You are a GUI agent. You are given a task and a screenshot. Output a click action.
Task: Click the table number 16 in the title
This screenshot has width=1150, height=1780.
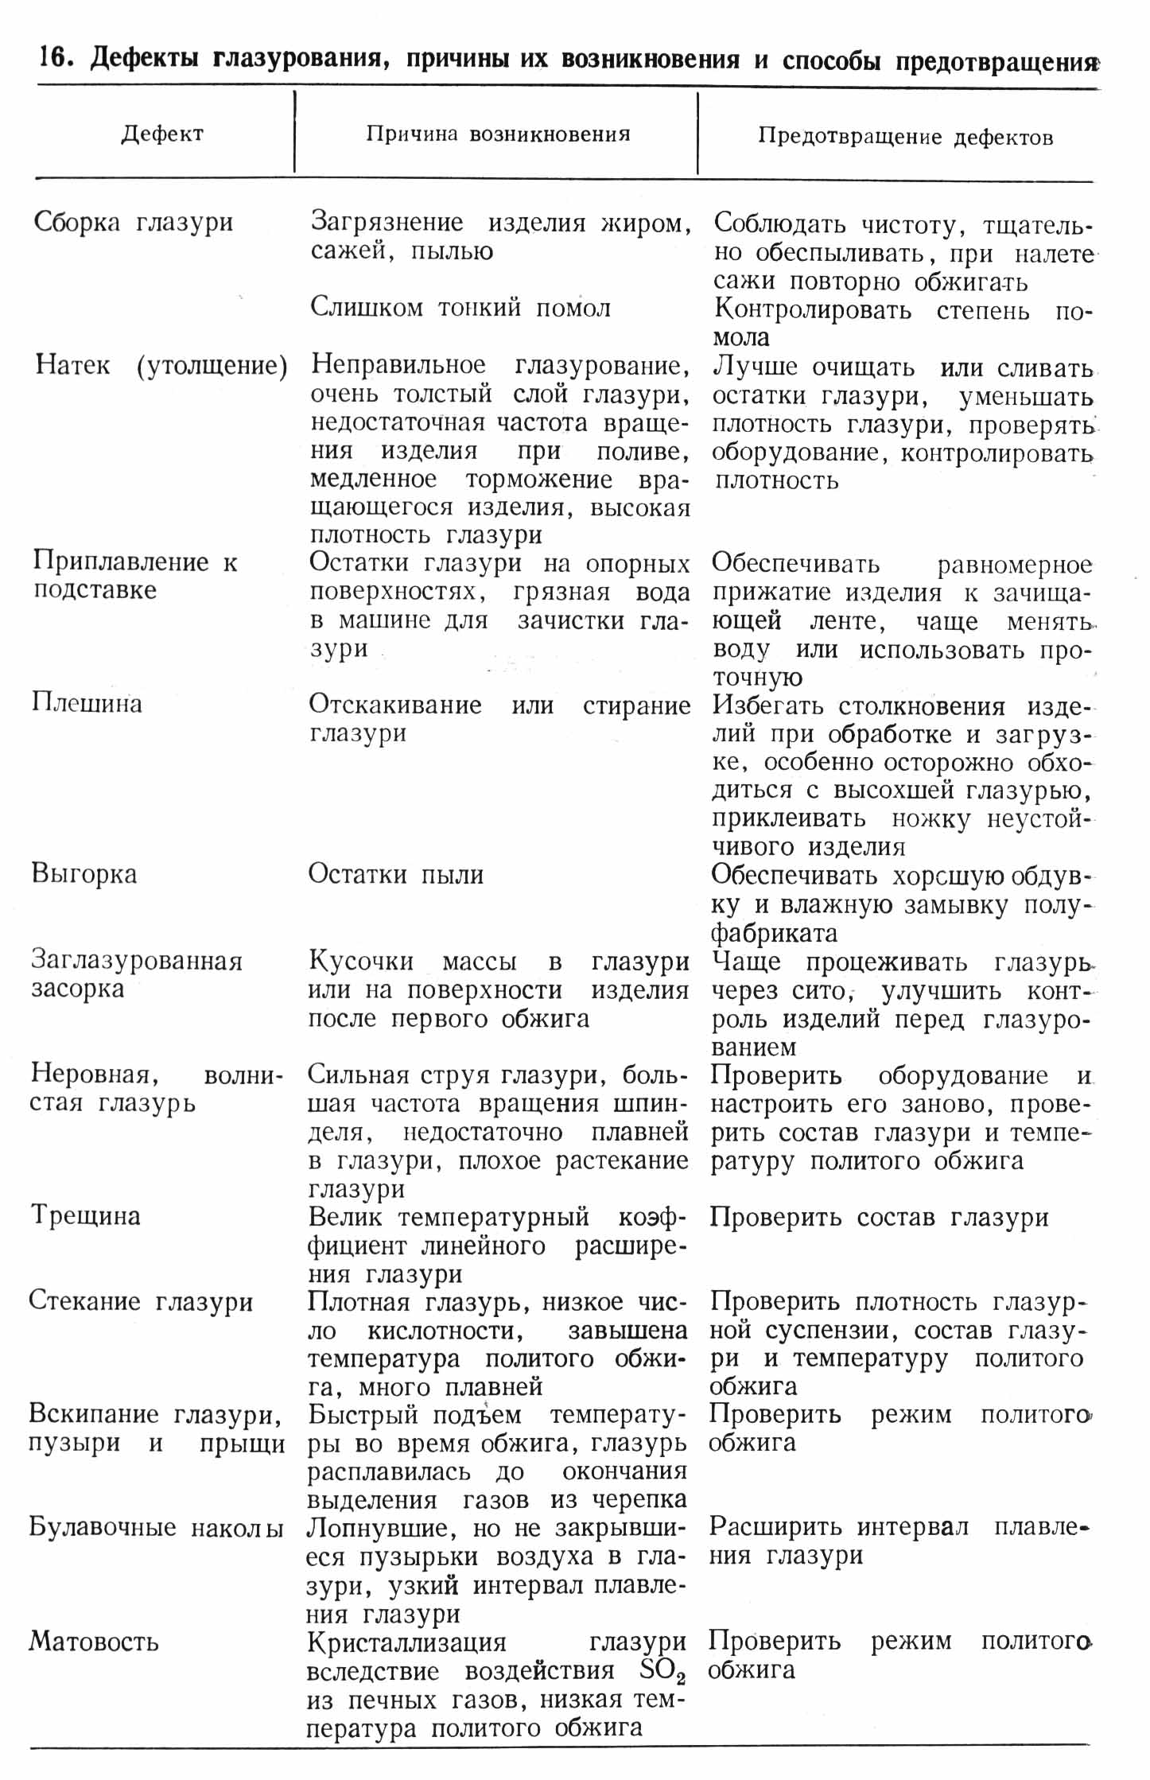(56, 60)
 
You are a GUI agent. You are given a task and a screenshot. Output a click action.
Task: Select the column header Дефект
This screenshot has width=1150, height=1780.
(162, 134)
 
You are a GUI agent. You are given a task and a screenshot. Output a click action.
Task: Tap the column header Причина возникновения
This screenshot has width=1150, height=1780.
(498, 134)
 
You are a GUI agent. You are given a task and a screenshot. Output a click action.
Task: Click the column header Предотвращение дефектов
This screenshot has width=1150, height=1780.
(905, 137)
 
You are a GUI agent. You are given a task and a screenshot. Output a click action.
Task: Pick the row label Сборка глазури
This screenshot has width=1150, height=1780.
(134, 222)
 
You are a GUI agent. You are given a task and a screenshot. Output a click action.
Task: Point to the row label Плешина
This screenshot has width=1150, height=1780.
(87, 703)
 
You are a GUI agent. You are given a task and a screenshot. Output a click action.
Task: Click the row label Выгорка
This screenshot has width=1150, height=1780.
(84, 874)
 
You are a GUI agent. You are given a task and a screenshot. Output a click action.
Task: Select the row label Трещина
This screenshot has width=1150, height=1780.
(85, 1216)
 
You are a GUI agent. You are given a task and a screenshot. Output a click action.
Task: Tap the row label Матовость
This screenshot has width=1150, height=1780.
(94, 1642)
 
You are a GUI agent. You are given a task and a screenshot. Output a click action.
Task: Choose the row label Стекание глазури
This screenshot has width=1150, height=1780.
(141, 1301)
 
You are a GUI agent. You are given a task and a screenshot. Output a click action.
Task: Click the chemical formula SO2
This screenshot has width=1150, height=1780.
(662, 1672)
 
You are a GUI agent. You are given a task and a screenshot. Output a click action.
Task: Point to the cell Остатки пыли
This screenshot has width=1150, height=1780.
(396, 875)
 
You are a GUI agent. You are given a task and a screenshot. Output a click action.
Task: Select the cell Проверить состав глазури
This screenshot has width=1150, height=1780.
(879, 1218)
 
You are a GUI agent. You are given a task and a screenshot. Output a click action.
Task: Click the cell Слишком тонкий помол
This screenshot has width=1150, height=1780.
(460, 308)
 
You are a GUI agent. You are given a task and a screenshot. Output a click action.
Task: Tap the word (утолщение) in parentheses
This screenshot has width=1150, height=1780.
(212, 366)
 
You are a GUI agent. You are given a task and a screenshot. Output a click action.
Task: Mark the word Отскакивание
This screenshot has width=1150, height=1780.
(395, 705)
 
